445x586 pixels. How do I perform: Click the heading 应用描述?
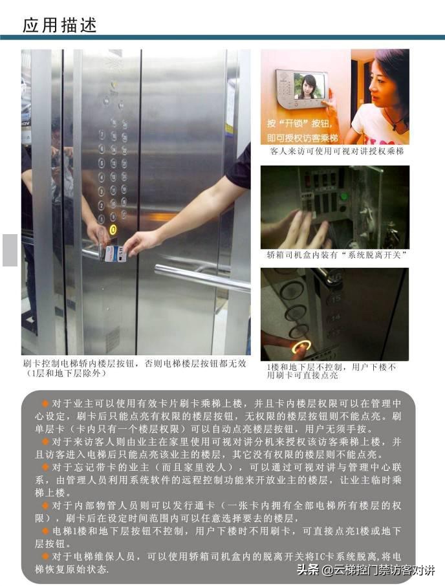[x=60, y=25]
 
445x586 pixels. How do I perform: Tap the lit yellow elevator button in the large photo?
[x=113, y=229]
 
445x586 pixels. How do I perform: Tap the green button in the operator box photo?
[x=343, y=197]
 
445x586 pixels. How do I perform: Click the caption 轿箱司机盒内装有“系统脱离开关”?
[x=336, y=255]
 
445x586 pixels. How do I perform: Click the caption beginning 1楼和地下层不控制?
[x=332, y=371]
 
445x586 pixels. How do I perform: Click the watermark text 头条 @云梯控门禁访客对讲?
[x=365, y=570]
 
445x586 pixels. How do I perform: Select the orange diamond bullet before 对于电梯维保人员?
[x=45, y=556]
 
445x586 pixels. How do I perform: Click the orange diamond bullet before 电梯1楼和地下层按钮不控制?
[x=45, y=530]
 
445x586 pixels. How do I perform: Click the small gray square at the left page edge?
[x=10, y=250]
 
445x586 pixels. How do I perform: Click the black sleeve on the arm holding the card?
[x=239, y=167]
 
